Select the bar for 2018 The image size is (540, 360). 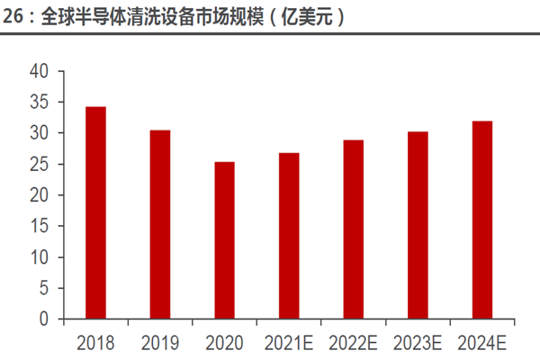tap(95, 212)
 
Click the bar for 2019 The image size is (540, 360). tap(159, 224)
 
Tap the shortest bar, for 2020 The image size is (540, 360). tap(224, 240)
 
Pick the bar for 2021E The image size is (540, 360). tap(289, 236)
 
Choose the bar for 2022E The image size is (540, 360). tap(353, 229)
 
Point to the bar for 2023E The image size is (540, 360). tap(418, 225)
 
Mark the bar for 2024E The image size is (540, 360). tap(482, 220)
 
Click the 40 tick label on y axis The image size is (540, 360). tap(40, 71)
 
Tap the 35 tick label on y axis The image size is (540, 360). tap(40, 102)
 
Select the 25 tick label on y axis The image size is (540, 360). tap(40, 164)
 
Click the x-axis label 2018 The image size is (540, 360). tap(95, 342)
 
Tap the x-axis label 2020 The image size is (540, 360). tap(224, 342)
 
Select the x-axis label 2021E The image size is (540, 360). tap(289, 342)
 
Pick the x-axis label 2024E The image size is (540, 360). tap(482, 342)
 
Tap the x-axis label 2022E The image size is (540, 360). tap(353, 342)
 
